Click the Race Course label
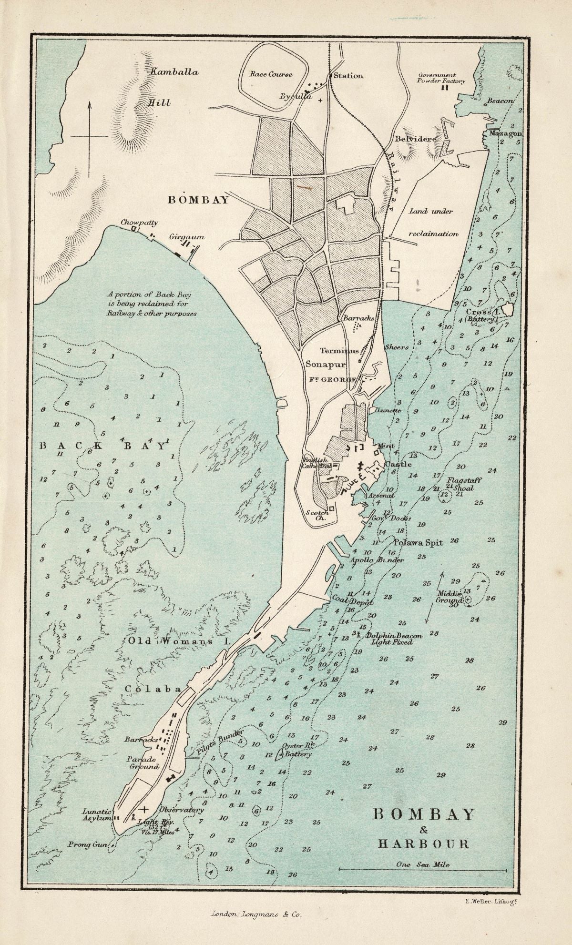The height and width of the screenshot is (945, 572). pyautogui.click(x=271, y=75)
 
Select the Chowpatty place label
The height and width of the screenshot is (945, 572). pyautogui.click(x=139, y=222)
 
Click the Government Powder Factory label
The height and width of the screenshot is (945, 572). pyautogui.click(x=444, y=78)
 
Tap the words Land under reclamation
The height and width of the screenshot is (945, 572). pyautogui.click(x=433, y=223)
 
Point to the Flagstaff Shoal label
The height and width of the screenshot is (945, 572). pyautogui.click(x=463, y=484)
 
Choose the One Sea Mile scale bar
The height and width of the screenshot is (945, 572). pyautogui.click(x=422, y=869)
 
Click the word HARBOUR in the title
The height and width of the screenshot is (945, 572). pyautogui.click(x=423, y=843)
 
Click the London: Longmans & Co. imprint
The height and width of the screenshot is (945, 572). pyautogui.click(x=256, y=914)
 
